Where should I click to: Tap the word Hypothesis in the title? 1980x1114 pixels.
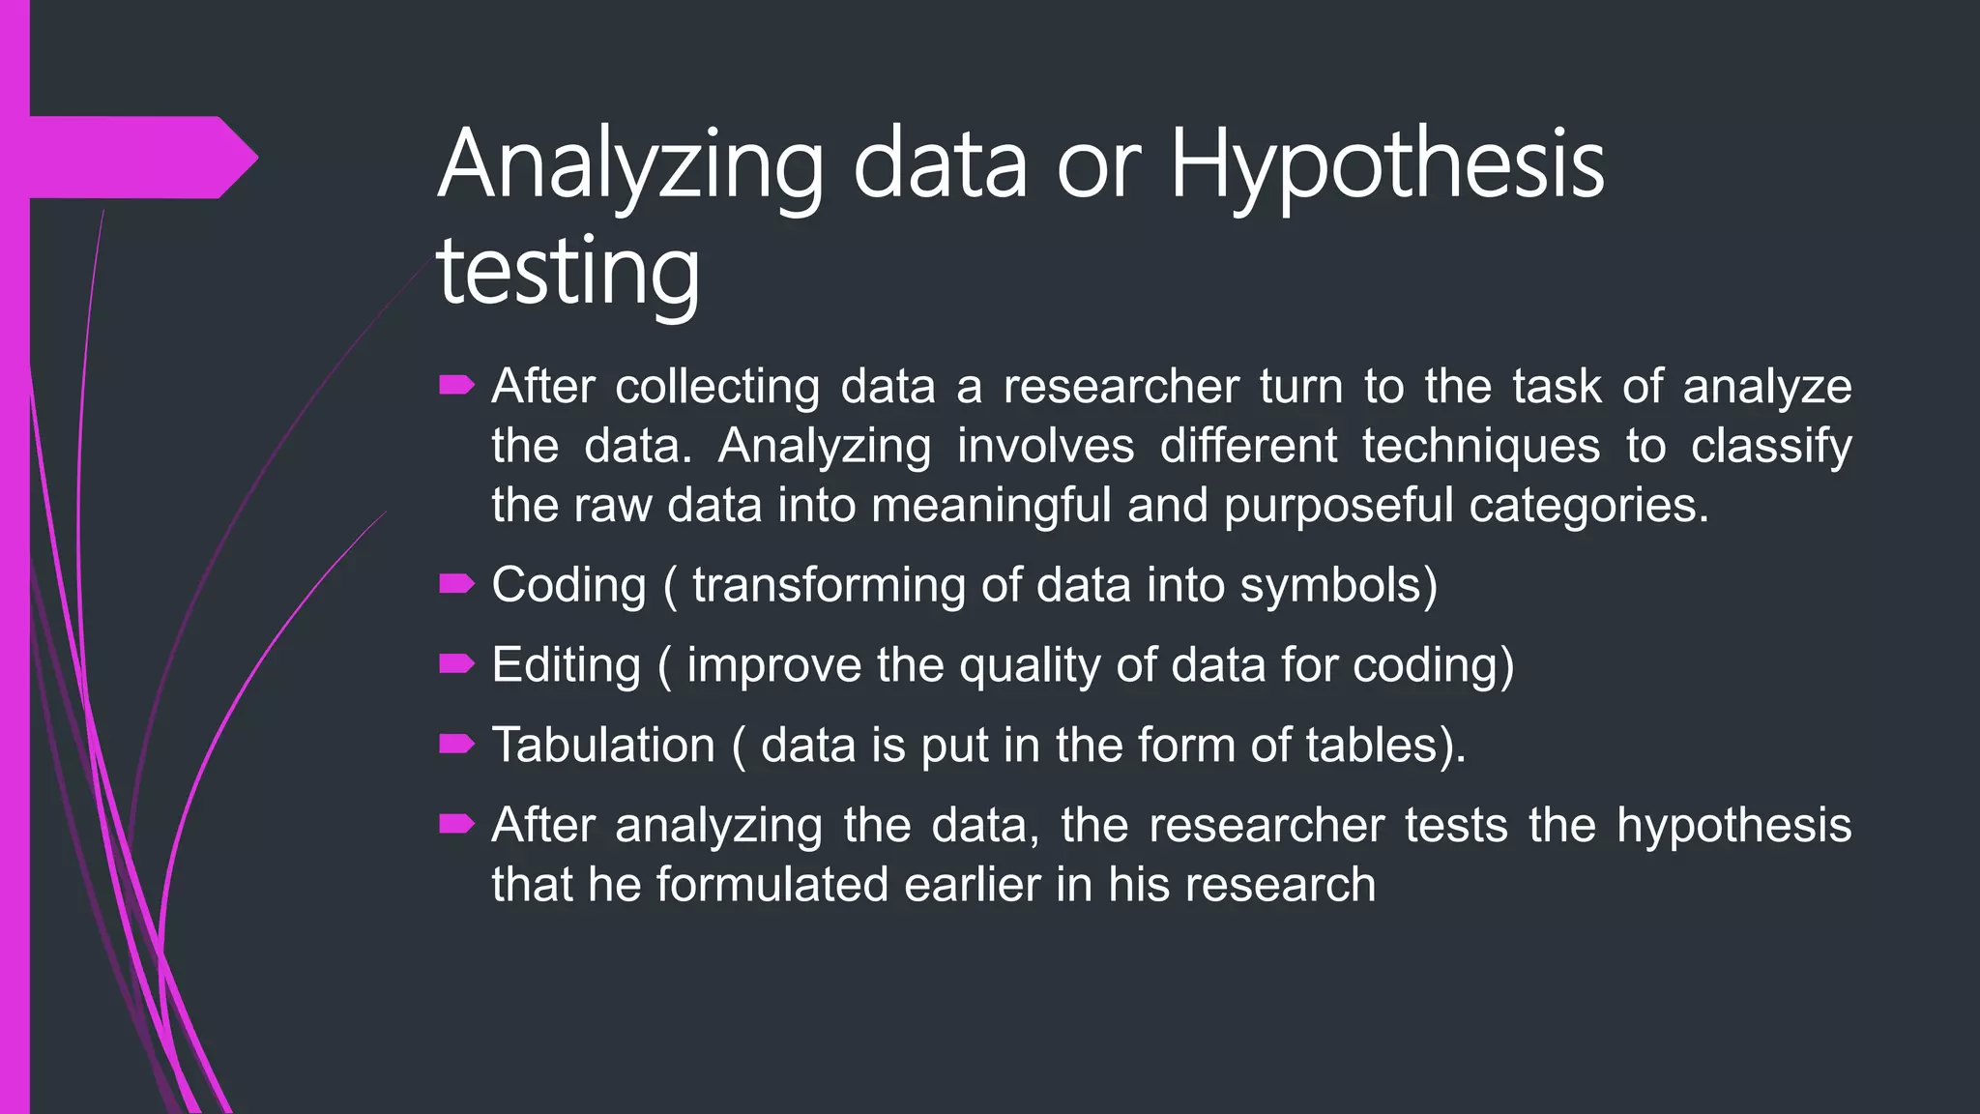point(1387,166)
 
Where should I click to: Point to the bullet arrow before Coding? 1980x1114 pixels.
point(456,584)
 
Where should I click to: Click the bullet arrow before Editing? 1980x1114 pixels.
point(456,664)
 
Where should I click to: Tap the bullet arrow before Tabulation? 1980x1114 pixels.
point(456,744)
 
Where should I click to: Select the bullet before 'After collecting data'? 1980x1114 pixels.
point(456,387)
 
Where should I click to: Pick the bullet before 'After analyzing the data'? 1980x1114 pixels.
point(456,824)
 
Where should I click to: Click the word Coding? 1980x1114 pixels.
point(568,585)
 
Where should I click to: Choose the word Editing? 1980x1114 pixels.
point(566,665)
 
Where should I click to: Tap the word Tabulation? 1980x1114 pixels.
point(603,745)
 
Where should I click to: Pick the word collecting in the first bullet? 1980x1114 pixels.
point(717,387)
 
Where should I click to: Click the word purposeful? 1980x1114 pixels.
point(1338,506)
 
